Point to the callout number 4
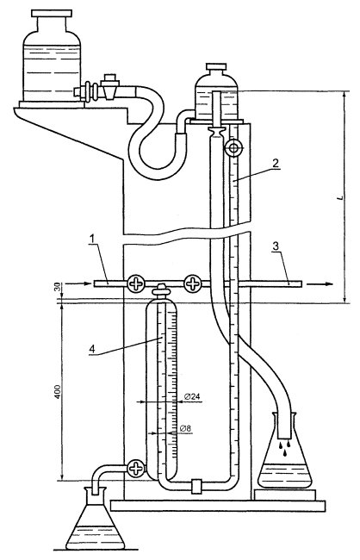(x=92, y=349)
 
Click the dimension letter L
(x=341, y=196)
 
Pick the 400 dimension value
(x=59, y=392)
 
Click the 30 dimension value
(x=59, y=287)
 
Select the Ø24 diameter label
(x=192, y=396)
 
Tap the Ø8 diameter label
(x=186, y=428)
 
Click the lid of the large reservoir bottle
(x=53, y=14)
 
